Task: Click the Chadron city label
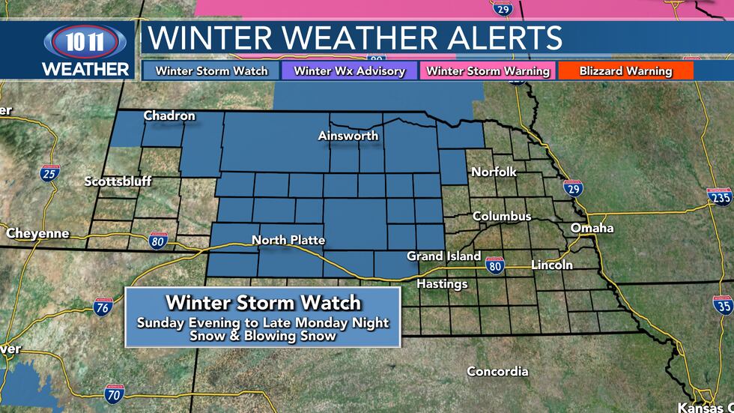click(x=169, y=115)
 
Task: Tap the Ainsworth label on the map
click(x=348, y=136)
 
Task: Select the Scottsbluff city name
click(x=118, y=181)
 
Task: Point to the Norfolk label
click(x=494, y=172)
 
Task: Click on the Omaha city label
click(x=592, y=228)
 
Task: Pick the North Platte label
click(x=288, y=240)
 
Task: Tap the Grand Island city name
click(x=443, y=256)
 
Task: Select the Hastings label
click(x=442, y=284)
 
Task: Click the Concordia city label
click(x=497, y=371)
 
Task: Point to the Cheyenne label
click(x=37, y=233)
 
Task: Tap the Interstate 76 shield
click(x=103, y=307)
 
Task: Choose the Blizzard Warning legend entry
click(x=625, y=71)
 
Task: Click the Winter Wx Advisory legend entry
click(x=349, y=71)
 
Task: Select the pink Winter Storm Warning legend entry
click(x=488, y=71)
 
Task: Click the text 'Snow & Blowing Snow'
click(x=262, y=336)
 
